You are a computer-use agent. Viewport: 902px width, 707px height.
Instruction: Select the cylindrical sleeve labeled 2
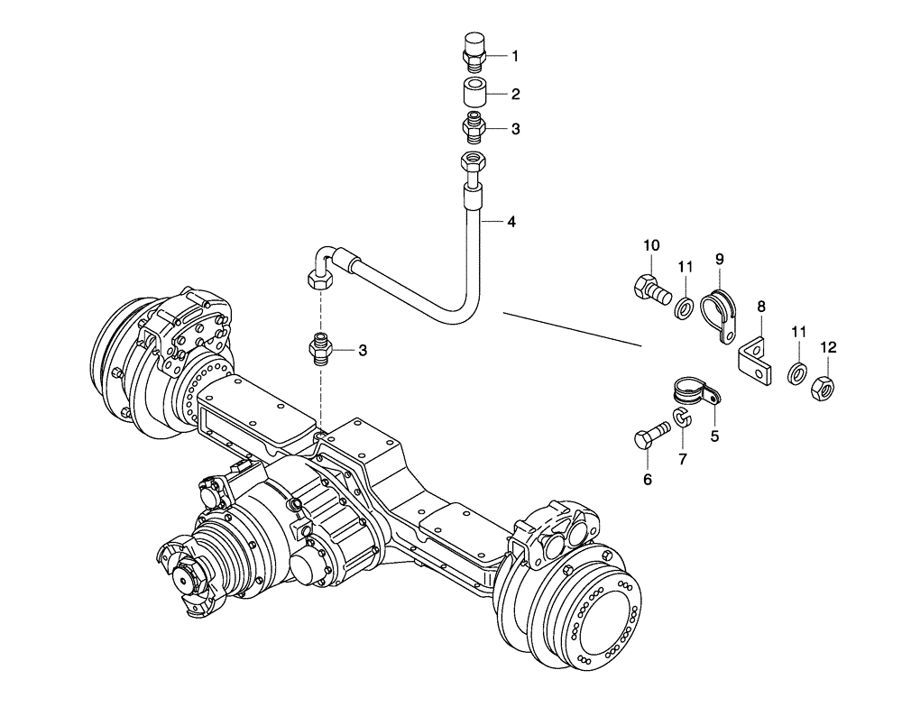[474, 93]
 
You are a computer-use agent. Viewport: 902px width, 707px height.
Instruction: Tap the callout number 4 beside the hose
[511, 221]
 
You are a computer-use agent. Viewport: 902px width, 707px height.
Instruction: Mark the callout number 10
[652, 245]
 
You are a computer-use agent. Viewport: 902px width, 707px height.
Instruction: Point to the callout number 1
[515, 56]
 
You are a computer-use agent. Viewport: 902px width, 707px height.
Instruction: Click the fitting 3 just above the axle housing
[320, 348]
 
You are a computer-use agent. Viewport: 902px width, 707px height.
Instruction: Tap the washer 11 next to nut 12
[797, 372]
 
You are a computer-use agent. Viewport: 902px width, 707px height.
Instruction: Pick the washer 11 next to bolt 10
[685, 308]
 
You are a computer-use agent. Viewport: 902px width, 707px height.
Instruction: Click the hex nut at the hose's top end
[473, 164]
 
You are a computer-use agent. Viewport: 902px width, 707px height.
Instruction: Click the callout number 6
[647, 480]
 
